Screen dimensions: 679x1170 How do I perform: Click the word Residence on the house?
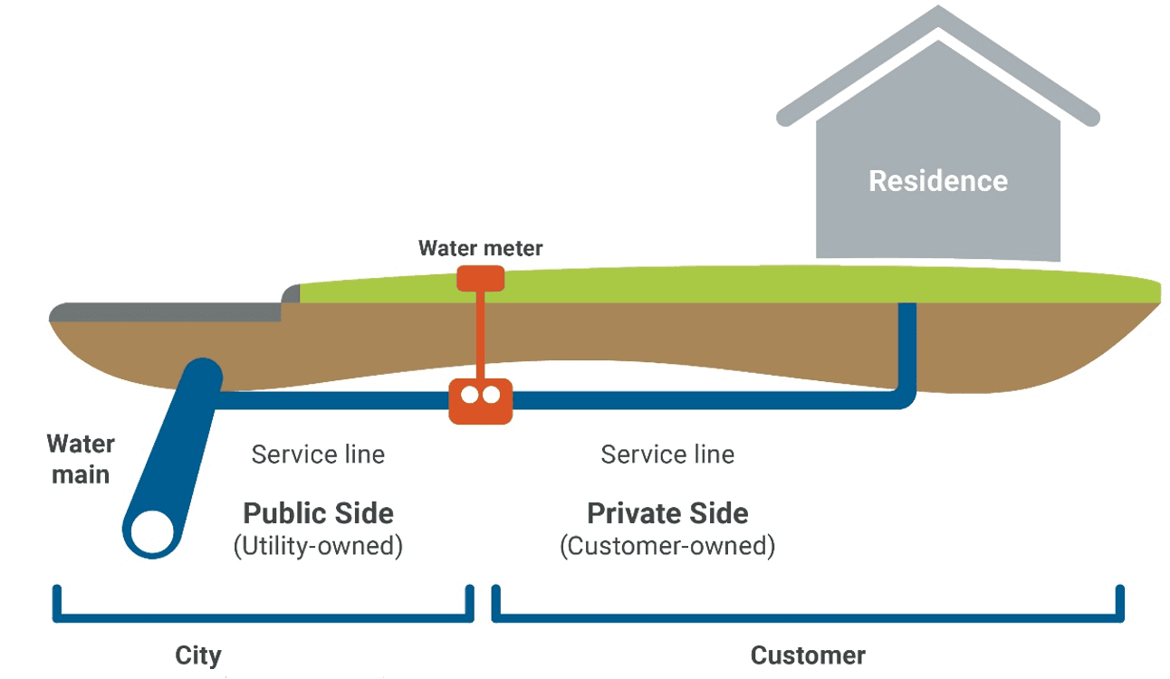coord(937,181)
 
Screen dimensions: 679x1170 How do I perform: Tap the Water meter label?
coord(480,248)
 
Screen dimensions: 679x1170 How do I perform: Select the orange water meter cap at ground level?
coord(480,277)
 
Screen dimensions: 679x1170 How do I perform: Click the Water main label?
coord(81,459)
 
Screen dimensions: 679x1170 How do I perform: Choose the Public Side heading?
coord(318,513)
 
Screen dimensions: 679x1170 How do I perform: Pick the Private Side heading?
coord(667,513)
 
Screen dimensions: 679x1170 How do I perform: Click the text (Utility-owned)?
coord(318,547)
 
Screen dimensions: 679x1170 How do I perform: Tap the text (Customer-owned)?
coord(667,547)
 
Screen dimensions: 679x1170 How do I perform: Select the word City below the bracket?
coord(197,655)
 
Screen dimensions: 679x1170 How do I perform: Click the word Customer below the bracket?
coord(808,655)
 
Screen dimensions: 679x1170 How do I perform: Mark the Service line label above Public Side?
coord(318,454)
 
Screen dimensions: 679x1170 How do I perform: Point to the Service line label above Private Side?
coord(667,454)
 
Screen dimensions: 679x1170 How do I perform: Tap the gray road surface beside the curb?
coord(163,312)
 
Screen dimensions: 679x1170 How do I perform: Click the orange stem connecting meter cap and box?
coord(480,335)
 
